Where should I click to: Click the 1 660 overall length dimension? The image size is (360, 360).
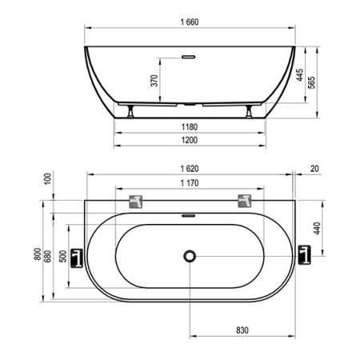(190, 22)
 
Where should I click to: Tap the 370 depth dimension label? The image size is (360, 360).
(154, 81)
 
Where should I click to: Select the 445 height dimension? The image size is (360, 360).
(299, 75)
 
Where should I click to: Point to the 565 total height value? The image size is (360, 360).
(311, 82)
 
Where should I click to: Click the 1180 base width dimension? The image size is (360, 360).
(190, 127)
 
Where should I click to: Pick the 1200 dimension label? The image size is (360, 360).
(190, 140)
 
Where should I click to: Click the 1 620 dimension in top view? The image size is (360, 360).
(190, 169)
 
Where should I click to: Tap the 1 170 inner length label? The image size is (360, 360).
(190, 183)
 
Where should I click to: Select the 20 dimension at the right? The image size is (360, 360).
(314, 169)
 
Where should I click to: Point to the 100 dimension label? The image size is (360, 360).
(47, 178)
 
